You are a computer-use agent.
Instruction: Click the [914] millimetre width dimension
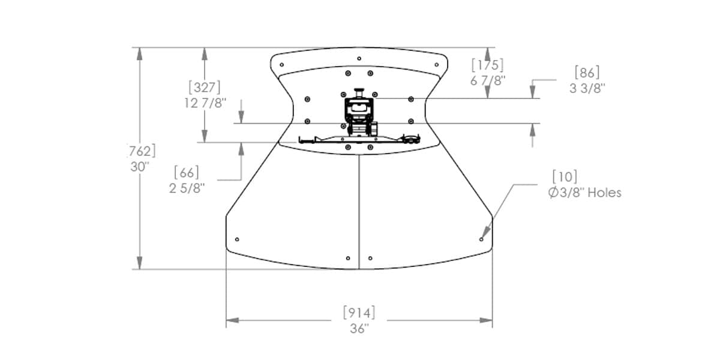(x=359, y=313)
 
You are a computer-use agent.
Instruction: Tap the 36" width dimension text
(x=359, y=329)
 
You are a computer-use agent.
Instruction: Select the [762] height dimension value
(x=142, y=151)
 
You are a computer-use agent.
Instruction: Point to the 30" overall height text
(x=140, y=167)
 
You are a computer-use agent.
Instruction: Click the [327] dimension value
(x=205, y=87)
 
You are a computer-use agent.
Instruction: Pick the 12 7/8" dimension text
(x=205, y=103)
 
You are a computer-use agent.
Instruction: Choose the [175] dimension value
(x=488, y=65)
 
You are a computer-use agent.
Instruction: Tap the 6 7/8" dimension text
(x=488, y=80)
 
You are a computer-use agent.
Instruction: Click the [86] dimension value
(x=587, y=73)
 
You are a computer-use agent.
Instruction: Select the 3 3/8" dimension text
(x=587, y=88)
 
